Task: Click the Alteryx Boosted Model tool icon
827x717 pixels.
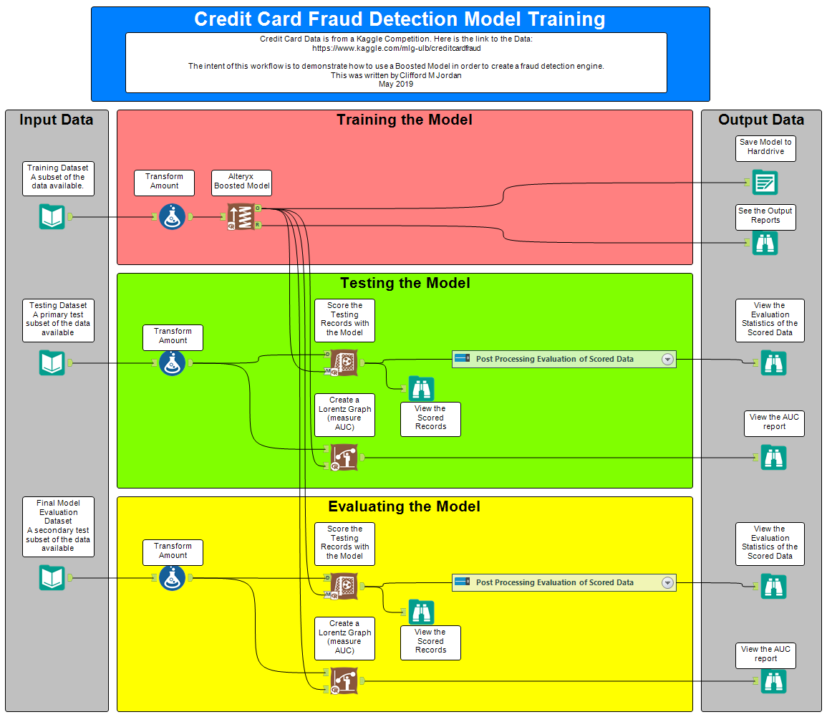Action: point(241,216)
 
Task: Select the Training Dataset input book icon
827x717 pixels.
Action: point(52,216)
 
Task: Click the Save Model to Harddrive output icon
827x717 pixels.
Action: point(765,183)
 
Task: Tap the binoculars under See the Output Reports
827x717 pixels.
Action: point(765,243)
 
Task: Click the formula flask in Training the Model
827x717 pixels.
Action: point(173,216)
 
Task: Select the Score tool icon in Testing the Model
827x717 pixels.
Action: point(344,363)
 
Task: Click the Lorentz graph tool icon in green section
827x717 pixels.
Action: point(344,458)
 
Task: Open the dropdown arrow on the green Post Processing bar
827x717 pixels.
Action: point(667,360)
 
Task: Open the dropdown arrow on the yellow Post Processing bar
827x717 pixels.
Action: point(667,583)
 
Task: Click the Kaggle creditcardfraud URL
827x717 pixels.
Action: point(396,49)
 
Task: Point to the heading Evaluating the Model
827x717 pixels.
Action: point(404,506)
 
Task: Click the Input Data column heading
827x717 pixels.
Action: point(57,120)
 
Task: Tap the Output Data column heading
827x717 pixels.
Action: point(761,120)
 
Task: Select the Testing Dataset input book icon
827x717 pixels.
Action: point(52,363)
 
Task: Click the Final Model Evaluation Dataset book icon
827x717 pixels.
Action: point(52,577)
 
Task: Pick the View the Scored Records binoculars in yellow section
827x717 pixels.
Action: point(422,612)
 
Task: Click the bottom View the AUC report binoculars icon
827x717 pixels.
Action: point(773,681)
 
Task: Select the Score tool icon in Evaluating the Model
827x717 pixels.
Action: point(344,586)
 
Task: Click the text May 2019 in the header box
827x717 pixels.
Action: point(396,84)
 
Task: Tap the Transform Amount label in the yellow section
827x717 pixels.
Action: point(173,551)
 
